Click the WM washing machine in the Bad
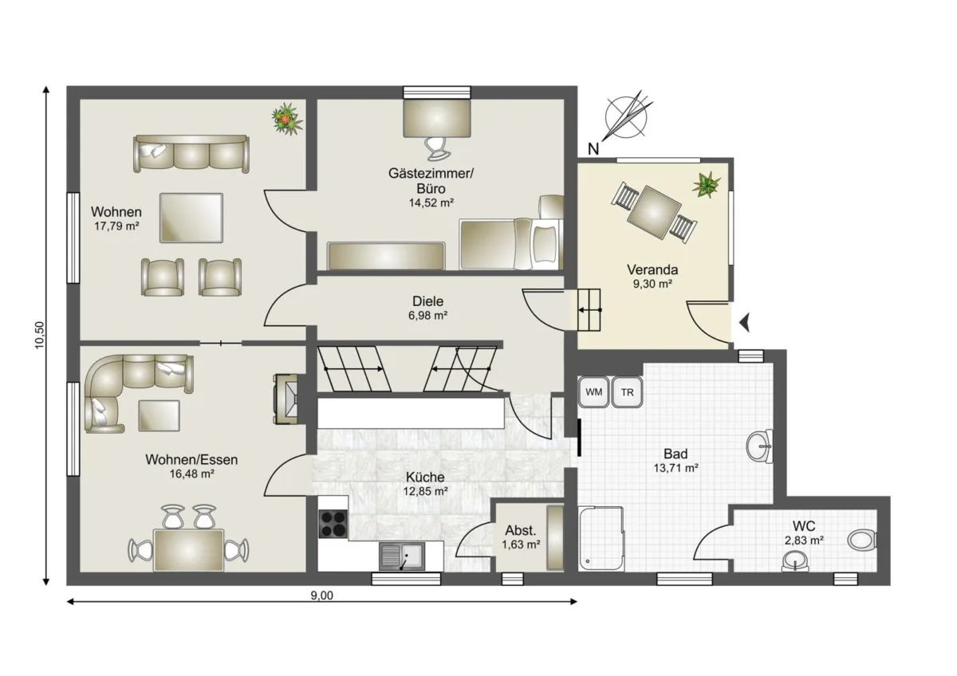pos(593,391)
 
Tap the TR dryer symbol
pos(627,391)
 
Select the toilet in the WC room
pos(862,540)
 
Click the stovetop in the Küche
pos(333,524)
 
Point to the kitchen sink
pos(402,556)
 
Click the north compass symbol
pos(626,117)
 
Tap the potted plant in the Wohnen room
pos(286,119)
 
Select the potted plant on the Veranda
pos(707,184)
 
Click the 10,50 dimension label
pos(40,335)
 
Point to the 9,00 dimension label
pos(321,595)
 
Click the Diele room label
pos(427,301)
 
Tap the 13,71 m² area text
pos(676,468)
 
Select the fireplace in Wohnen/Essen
pos(286,399)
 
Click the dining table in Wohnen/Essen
pos(189,550)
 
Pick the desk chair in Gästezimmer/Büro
pos(435,148)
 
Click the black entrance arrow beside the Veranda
pos(745,322)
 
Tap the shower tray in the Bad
pos(601,539)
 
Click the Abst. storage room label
pos(520,530)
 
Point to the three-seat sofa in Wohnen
pos(191,153)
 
